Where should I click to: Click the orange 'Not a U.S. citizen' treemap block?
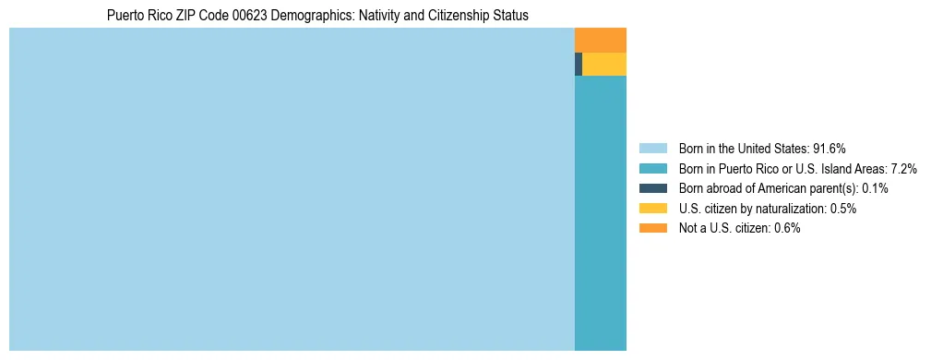(600, 40)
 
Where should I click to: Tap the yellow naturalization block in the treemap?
(604, 64)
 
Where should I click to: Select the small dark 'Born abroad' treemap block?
(579, 64)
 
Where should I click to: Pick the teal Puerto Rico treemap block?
(600, 212)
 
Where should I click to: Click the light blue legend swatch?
(652, 148)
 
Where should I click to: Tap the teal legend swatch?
(652, 168)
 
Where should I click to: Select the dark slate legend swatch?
(652, 188)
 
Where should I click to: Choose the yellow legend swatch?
(652, 209)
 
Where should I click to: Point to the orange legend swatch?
(652, 228)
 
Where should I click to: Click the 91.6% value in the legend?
(830, 148)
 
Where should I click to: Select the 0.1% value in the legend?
(875, 188)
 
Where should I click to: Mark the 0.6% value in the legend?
(787, 228)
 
